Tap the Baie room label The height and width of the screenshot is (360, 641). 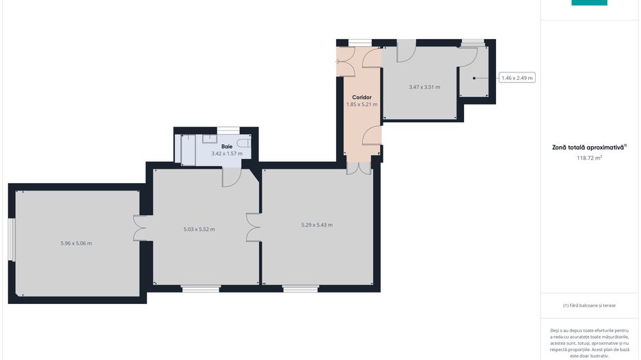point(227,147)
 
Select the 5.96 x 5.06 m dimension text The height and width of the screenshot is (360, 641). point(76,243)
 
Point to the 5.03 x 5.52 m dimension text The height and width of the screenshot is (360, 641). point(199,230)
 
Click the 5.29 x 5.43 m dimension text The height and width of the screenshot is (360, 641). point(317,225)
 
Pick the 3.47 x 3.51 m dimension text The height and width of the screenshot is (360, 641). point(424,87)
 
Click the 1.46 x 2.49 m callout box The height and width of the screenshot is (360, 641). point(517,78)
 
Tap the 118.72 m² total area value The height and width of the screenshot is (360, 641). point(589,158)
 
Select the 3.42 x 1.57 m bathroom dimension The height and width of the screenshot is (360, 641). point(227,154)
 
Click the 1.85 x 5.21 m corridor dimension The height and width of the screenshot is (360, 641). point(362,105)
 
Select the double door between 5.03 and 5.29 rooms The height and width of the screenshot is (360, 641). point(254,227)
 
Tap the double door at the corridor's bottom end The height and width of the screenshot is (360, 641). point(358,167)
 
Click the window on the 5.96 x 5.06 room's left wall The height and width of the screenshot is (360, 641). point(10,240)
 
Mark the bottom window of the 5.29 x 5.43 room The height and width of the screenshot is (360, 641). point(301,288)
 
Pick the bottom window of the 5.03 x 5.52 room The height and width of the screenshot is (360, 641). point(201,288)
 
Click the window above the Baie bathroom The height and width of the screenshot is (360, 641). point(228,129)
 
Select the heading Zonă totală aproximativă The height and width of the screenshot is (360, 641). point(589,147)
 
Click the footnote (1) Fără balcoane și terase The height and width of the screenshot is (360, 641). point(589,305)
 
